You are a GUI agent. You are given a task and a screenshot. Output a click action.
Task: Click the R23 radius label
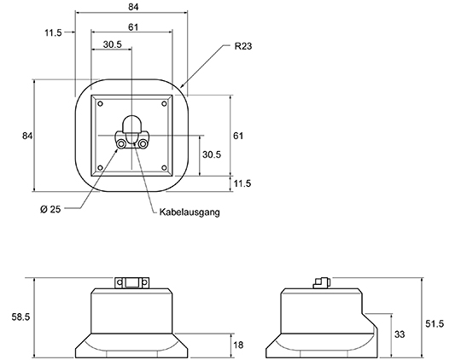[243, 46]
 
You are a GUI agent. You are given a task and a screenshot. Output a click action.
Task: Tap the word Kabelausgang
[190, 212]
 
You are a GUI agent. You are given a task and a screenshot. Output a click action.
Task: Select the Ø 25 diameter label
[50, 209]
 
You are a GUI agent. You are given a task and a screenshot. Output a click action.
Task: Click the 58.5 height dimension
[20, 316]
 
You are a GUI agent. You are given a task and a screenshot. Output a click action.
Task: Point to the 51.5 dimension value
[435, 324]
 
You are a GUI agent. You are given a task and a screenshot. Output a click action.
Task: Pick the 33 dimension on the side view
[400, 334]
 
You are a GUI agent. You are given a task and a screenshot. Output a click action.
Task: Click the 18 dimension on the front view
[238, 345]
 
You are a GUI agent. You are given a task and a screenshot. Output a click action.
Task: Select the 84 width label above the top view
[133, 7]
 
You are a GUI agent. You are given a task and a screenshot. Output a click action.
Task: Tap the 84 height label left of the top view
[27, 136]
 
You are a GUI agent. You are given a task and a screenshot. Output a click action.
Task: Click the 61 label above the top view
[133, 27]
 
